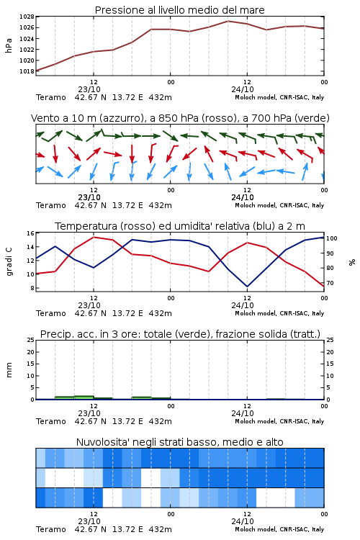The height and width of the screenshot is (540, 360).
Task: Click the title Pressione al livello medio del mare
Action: click(x=179, y=10)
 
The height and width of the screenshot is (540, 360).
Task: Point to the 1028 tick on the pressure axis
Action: click(x=27, y=17)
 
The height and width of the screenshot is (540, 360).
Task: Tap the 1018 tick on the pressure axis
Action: click(x=27, y=71)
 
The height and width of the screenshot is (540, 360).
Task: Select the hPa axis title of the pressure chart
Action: click(x=9, y=45)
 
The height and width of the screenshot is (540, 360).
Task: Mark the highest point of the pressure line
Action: click(x=228, y=21)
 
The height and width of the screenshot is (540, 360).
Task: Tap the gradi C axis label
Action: click(x=9, y=262)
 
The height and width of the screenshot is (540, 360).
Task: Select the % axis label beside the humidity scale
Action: click(x=352, y=262)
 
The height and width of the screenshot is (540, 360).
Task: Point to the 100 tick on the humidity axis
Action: click(x=332, y=238)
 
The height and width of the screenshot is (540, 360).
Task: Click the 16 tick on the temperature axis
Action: click(x=30, y=233)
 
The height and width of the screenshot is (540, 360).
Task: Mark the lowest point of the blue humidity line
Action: click(x=247, y=287)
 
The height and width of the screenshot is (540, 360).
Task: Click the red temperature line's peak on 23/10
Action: click(x=94, y=237)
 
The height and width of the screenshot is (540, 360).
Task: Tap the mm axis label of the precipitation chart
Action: click(x=9, y=370)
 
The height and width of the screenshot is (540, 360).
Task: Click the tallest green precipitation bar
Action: click(x=84, y=397)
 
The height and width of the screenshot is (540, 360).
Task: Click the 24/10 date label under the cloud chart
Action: click(x=243, y=521)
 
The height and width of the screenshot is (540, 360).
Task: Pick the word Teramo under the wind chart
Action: click(x=51, y=206)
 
